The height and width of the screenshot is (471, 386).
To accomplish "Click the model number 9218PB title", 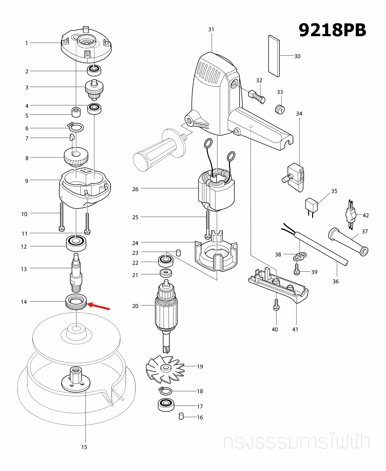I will pos(332,30).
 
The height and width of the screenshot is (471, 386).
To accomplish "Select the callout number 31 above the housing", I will pos(211,29).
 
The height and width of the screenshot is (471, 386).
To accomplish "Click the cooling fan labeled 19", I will pos(165,369).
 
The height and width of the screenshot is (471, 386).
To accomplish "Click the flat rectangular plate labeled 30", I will pos(274,56).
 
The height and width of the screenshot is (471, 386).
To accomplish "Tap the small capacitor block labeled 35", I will pos(311,205).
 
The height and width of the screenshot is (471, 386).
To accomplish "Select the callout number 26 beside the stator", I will pos(135,189).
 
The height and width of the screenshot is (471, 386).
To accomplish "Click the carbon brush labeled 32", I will pos(256,96).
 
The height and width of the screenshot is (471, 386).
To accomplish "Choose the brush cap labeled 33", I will pos(280,109).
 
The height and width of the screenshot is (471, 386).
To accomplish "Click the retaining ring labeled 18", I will pos(166,391).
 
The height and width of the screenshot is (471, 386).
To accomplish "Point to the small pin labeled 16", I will pos(181,416).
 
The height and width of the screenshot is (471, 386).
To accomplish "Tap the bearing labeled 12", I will pos(76,243).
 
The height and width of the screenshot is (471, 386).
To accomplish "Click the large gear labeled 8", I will pos(76,157).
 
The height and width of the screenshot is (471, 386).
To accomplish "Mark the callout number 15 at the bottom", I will pos(84,447).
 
